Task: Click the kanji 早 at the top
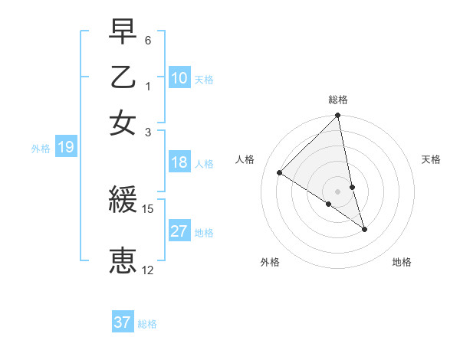pyautogui.click(x=123, y=31)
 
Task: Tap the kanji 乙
pyautogui.click(x=123, y=77)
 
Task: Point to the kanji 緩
pyautogui.click(x=123, y=201)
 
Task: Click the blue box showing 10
pyautogui.click(x=179, y=78)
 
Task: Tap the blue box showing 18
pyautogui.click(x=179, y=162)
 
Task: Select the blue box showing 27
pyautogui.click(x=179, y=231)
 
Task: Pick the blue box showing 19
pyautogui.click(x=65, y=148)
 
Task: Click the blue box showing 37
pyautogui.click(x=123, y=322)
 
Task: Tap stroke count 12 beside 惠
pyautogui.click(x=148, y=270)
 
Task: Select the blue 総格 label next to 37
pyautogui.click(x=147, y=324)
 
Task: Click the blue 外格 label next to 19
pyautogui.click(x=41, y=149)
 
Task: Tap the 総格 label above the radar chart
pyautogui.click(x=338, y=100)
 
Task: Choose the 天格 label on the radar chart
pyautogui.click(x=432, y=159)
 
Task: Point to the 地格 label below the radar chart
pyautogui.click(x=402, y=262)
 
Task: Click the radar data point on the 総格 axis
pyautogui.click(x=338, y=116)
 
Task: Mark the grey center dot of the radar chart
pyautogui.click(x=338, y=191)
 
